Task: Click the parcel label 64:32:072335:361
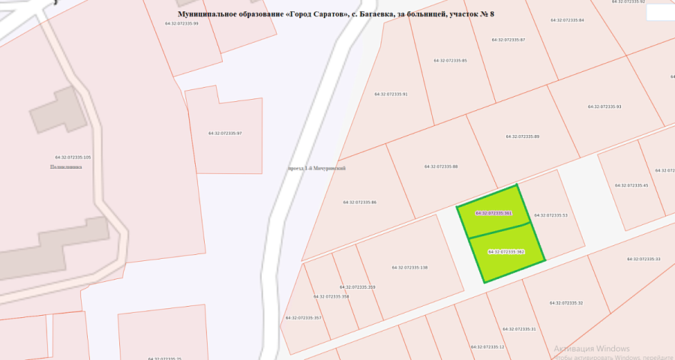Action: pos(493,213)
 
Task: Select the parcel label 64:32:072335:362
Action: pos(505,252)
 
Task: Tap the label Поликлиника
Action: pos(66,167)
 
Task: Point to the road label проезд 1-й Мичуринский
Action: pos(316,169)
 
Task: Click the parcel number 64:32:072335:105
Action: pos(73,157)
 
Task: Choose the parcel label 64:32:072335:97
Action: pos(225,133)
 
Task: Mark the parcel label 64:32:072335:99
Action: pos(181,23)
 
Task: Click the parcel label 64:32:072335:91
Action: pos(391,94)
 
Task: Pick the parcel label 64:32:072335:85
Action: pos(450,61)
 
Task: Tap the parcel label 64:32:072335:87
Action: pos(508,40)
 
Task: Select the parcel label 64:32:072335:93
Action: pos(604,107)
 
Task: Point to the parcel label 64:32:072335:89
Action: pos(523,136)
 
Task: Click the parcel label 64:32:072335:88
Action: pos(441,166)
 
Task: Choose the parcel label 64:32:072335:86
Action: pos(359,202)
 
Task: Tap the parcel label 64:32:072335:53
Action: pos(550,215)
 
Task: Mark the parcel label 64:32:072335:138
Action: pos(409,268)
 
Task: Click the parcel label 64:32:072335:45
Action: pos(631,185)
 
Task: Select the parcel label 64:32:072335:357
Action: pos(303,318)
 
